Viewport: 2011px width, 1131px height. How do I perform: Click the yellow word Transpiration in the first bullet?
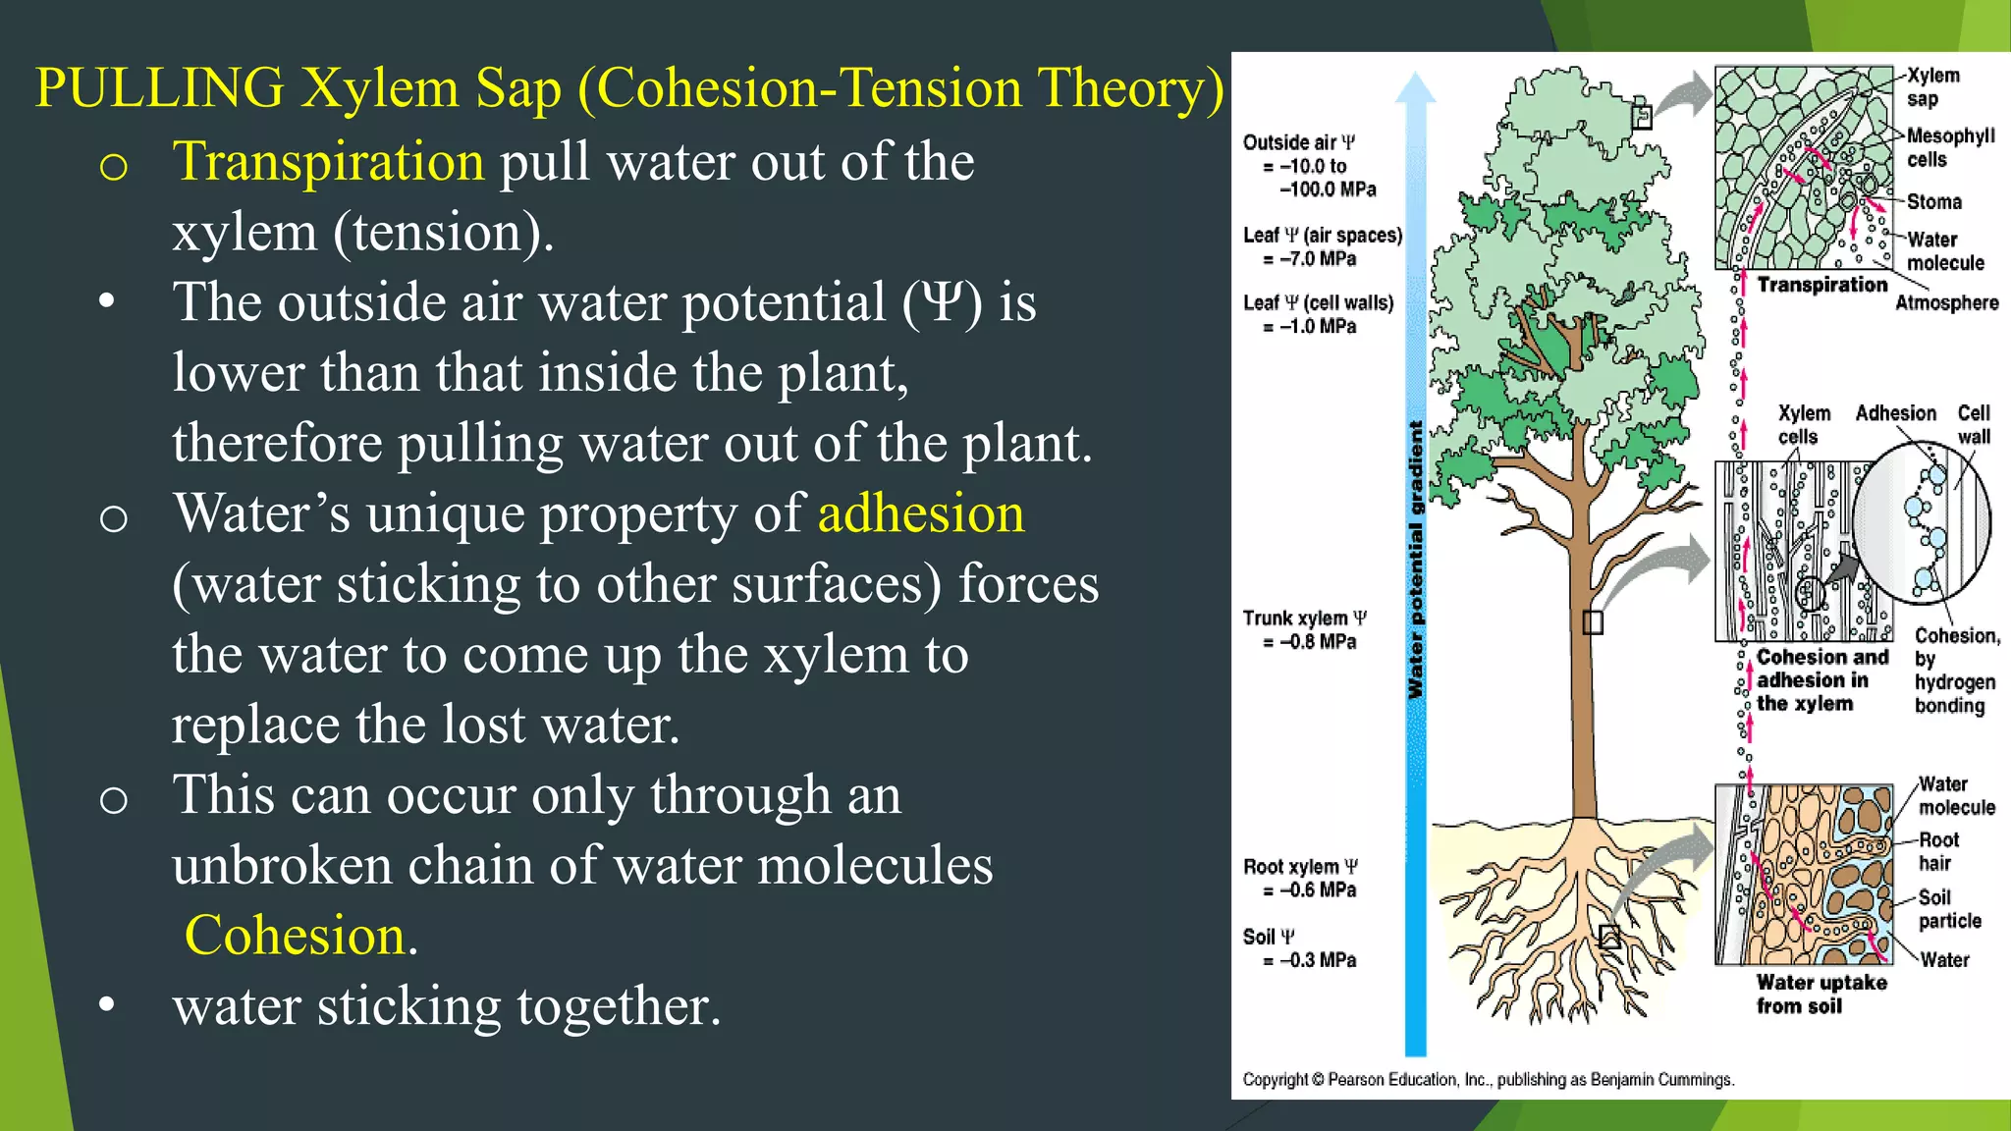(328, 162)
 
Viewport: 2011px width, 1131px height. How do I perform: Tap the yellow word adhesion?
(920, 514)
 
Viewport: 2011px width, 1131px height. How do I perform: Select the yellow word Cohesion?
(295, 936)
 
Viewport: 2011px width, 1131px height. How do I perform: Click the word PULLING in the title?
(159, 88)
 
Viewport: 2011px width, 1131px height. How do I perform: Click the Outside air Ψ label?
(1298, 142)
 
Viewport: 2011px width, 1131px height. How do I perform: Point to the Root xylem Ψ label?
(1300, 867)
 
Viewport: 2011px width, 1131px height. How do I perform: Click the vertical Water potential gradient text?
(1415, 560)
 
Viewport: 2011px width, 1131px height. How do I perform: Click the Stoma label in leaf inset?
(1933, 202)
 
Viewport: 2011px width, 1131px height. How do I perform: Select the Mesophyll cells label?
(1949, 147)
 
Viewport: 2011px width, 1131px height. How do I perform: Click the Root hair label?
(1937, 851)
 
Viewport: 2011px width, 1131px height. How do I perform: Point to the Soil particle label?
(1948, 909)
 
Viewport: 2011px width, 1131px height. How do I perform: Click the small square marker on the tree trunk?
(1593, 622)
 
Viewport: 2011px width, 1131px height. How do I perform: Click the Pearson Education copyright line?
(1488, 1080)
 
